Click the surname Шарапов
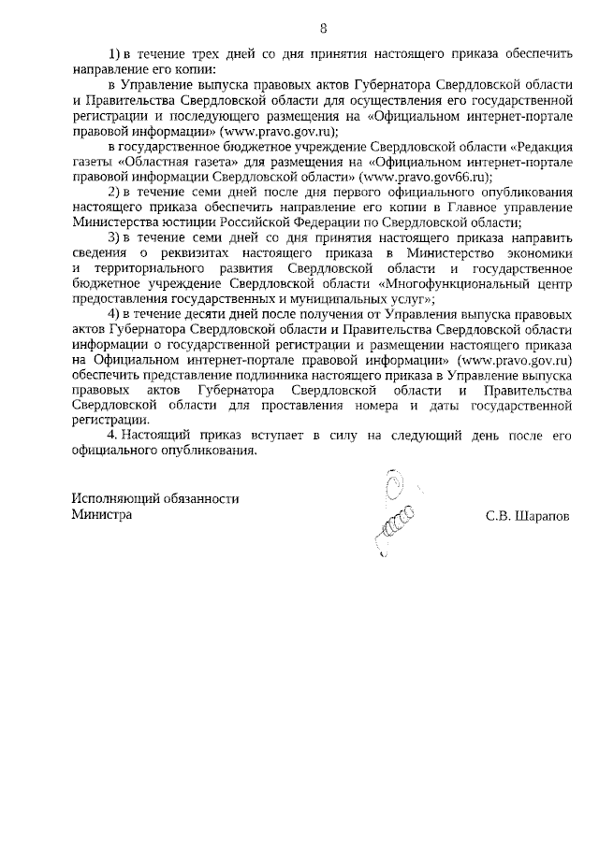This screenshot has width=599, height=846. click(x=544, y=515)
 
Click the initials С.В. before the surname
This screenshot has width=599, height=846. click(x=499, y=515)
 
